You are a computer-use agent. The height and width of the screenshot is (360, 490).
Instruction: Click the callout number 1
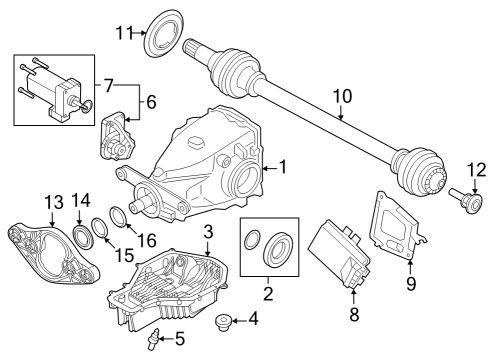point(283,168)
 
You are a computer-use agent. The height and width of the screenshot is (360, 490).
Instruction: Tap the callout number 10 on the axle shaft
point(342,96)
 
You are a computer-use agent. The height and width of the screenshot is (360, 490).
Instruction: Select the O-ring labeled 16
point(119,217)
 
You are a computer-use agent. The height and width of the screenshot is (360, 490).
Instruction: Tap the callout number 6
point(152,103)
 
